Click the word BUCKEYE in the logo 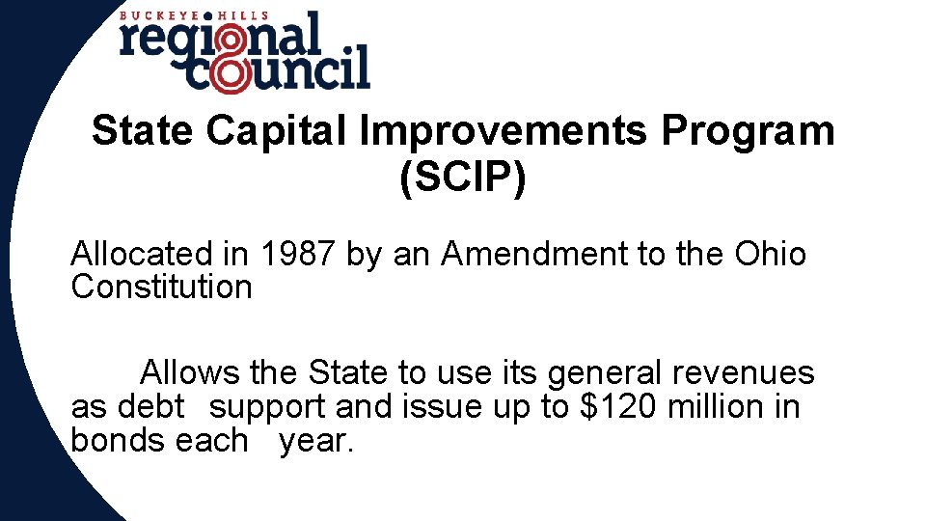coord(153,15)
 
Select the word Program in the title coord(749,131)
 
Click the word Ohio coord(770,255)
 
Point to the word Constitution coord(161,287)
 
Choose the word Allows coord(190,372)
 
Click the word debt coord(150,407)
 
